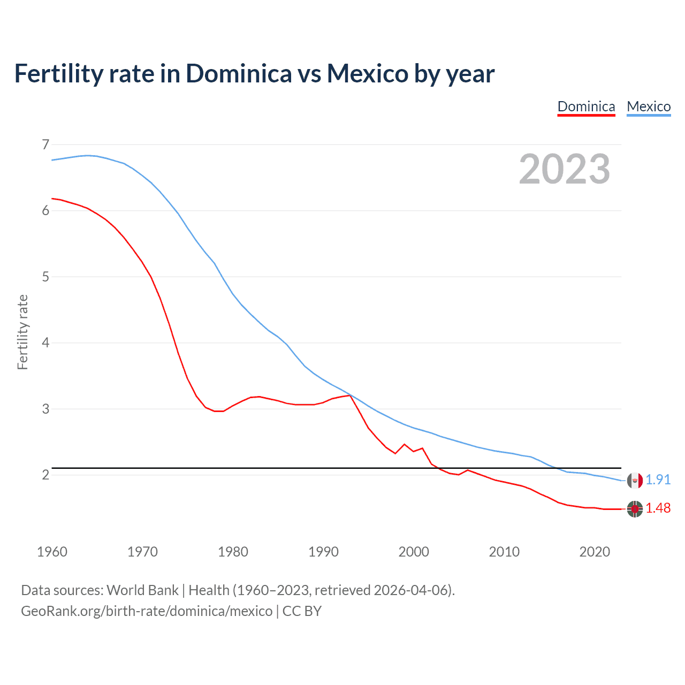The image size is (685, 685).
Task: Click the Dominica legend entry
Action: [x=586, y=106]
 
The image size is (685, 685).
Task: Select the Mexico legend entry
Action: [x=649, y=106]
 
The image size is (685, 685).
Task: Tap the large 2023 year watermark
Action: [x=565, y=169]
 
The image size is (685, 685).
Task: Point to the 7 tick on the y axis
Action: [x=45, y=144]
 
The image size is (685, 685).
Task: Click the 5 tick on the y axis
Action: [x=45, y=277]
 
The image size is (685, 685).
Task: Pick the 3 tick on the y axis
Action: [x=45, y=409]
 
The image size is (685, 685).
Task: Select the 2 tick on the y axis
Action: [x=45, y=475]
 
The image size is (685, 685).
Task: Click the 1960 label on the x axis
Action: [x=52, y=552]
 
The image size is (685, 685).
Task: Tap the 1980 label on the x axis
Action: [x=233, y=552]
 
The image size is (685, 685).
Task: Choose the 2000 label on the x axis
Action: [x=414, y=552]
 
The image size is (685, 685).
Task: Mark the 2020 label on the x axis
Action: [x=595, y=552]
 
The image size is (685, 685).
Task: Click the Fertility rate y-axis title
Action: [x=22, y=332]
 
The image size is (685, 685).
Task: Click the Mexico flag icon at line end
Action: [x=635, y=481]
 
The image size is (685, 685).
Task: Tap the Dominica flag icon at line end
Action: [x=635, y=509]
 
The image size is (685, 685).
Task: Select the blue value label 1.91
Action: [x=658, y=480]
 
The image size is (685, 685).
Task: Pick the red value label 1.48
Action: [x=658, y=508]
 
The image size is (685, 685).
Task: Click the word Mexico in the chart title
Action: [x=368, y=73]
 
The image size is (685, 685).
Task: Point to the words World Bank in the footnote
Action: [x=142, y=590]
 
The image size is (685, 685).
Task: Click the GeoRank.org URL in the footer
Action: [x=147, y=611]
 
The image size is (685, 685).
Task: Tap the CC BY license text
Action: [x=302, y=611]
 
